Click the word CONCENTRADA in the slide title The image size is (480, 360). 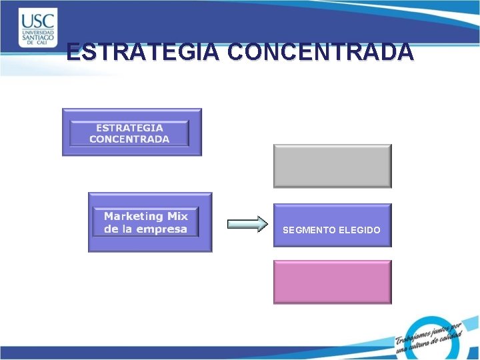point(320,52)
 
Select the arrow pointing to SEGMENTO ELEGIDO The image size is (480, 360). point(247,225)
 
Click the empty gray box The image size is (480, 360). point(332,166)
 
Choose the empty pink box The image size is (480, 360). point(332,281)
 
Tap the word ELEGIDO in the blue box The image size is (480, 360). point(359,230)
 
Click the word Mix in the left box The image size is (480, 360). point(177,217)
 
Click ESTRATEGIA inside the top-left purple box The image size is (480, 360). point(129,127)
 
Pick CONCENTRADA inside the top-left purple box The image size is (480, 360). point(129,139)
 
